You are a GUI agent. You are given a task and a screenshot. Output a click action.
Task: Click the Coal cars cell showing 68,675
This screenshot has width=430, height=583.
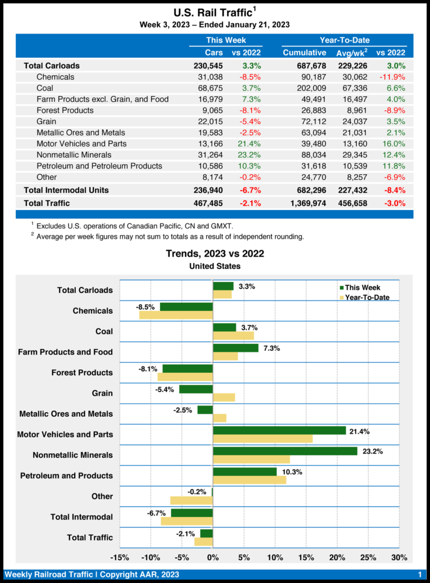click(x=208, y=88)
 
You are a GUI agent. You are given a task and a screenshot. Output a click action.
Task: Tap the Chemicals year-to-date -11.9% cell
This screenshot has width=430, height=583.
click(x=392, y=77)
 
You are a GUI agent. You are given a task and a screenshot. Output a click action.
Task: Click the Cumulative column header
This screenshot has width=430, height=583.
click(x=304, y=53)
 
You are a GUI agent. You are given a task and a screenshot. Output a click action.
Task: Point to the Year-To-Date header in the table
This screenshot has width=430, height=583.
click(x=344, y=40)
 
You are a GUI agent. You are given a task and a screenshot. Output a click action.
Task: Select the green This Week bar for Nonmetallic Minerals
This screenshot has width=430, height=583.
click(x=285, y=451)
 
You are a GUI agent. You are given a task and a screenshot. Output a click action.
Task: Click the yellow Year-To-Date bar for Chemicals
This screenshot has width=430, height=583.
click(x=175, y=315)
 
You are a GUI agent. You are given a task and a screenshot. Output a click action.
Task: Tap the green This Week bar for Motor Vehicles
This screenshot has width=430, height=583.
click(x=279, y=430)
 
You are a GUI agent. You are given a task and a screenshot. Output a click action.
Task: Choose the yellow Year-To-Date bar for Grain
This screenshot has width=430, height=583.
click(x=223, y=397)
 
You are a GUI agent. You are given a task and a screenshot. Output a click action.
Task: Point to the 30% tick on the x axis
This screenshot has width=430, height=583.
click(x=399, y=557)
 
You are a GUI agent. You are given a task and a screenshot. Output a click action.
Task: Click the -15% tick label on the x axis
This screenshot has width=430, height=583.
click(x=120, y=557)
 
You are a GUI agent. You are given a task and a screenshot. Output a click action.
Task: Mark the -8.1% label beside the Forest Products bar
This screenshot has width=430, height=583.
click(x=148, y=369)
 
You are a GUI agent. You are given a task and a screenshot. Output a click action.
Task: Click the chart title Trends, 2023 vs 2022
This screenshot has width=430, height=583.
click(x=215, y=254)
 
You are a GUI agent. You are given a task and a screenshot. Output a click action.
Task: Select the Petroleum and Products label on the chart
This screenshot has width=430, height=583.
click(x=67, y=475)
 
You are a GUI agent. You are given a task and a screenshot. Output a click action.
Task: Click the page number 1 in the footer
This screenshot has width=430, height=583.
click(x=420, y=574)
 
